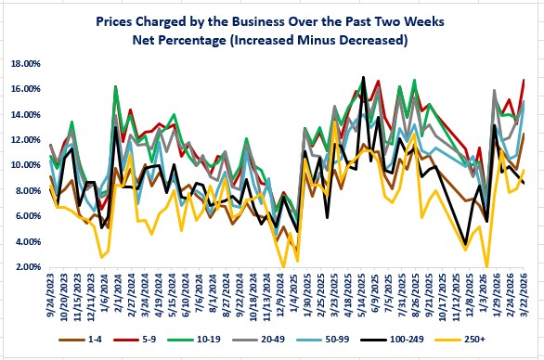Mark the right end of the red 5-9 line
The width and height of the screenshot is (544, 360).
[525, 80]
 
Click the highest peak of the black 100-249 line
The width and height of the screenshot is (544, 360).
[363, 77]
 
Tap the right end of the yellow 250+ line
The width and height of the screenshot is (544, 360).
[525, 169]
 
